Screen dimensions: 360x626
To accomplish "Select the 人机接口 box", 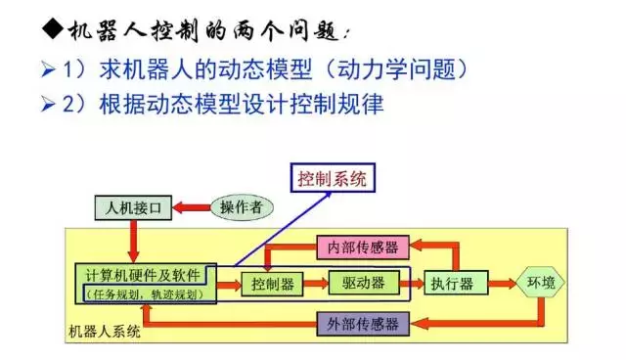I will tap(133, 207).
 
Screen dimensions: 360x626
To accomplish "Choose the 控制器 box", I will tap(272, 284).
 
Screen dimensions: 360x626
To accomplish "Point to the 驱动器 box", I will tap(362, 284).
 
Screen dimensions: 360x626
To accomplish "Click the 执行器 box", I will tap(451, 284).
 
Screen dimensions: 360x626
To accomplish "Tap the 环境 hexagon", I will tap(540, 283).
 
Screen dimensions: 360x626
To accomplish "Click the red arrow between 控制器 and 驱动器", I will tap(315, 284).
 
